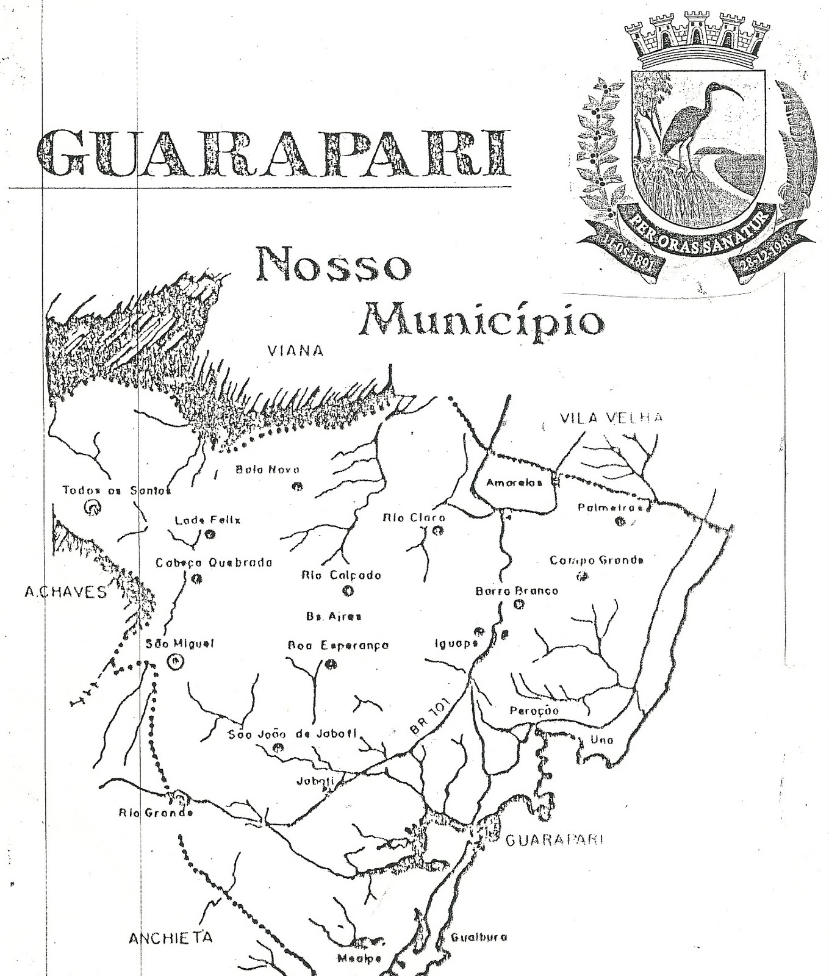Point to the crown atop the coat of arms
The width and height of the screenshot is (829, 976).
click(695, 38)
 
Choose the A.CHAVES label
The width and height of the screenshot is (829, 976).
click(65, 592)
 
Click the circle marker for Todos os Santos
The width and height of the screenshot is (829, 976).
click(93, 507)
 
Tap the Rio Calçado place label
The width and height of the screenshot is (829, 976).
click(342, 575)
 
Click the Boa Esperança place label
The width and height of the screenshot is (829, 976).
click(338, 645)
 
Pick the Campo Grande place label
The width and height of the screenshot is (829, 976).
click(597, 560)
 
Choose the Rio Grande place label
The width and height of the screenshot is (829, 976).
click(156, 813)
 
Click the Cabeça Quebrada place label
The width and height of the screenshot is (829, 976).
click(214, 563)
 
